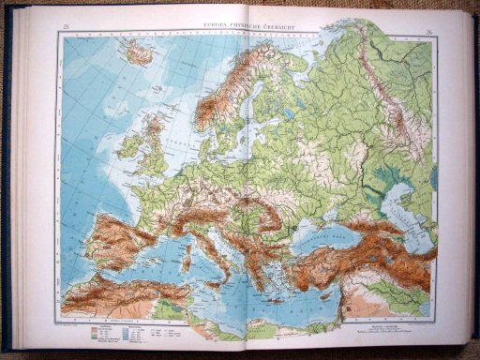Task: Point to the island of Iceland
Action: (x=139, y=53)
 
